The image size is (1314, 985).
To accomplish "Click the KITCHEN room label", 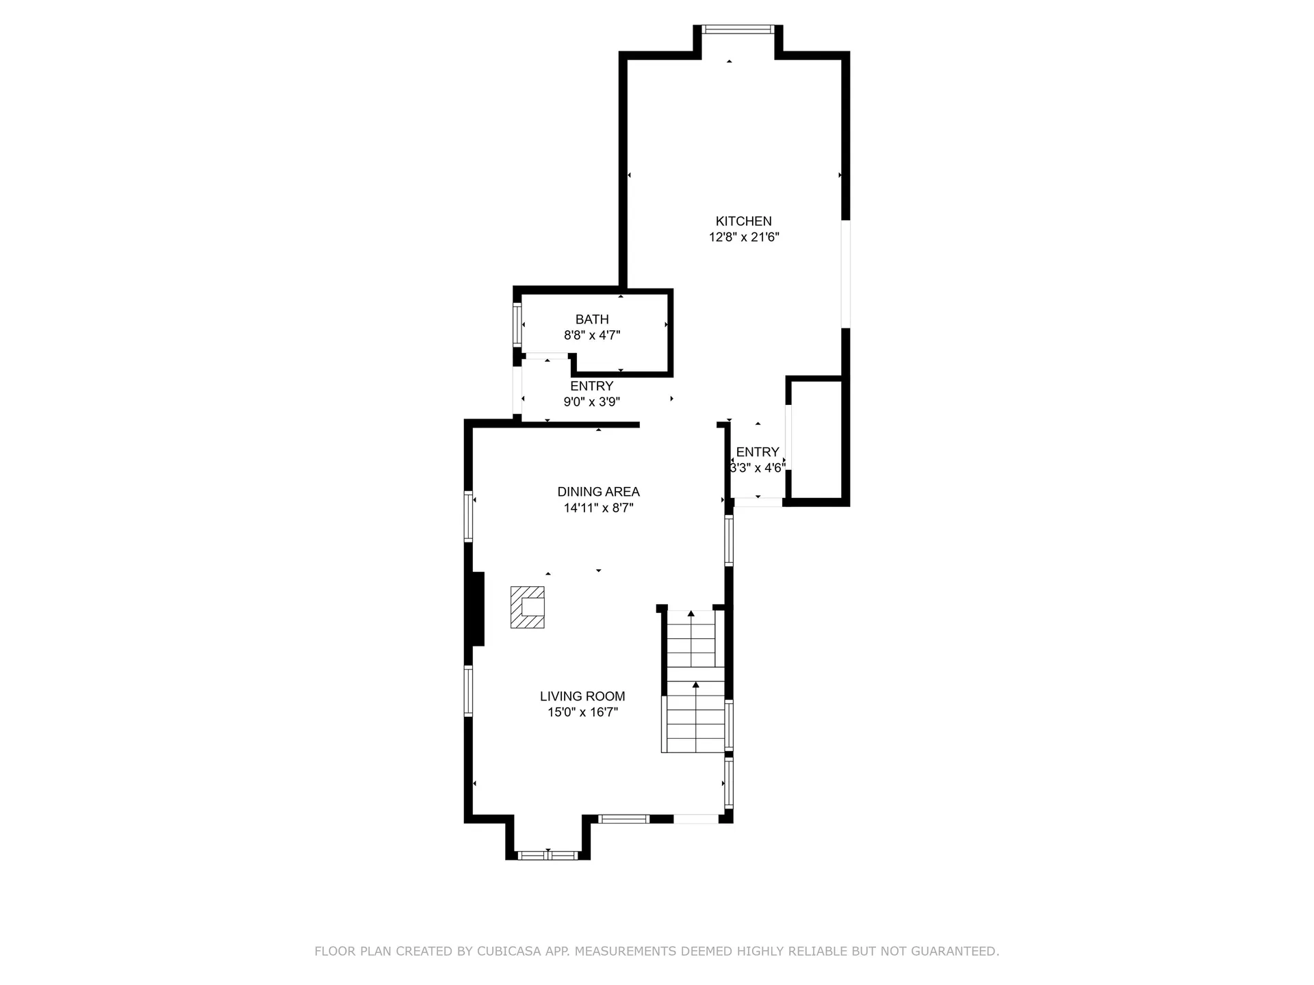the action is (x=743, y=221).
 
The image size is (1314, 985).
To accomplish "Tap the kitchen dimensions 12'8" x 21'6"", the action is (x=744, y=237).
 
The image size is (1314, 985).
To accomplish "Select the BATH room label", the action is (x=592, y=319).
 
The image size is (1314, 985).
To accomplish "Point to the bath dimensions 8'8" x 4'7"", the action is (x=592, y=335).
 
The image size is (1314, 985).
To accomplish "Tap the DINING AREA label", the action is (x=599, y=492).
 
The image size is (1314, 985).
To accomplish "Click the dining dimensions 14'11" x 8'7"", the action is (x=599, y=508).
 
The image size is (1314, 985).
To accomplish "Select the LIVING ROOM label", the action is (x=582, y=696).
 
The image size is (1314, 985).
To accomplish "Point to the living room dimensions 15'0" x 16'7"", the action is (x=582, y=712).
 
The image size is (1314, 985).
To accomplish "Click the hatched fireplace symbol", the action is (x=527, y=607).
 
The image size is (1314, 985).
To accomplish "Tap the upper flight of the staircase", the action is (x=691, y=638).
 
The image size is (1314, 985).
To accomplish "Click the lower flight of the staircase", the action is (x=696, y=710).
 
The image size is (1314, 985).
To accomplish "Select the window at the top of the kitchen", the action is (x=738, y=29).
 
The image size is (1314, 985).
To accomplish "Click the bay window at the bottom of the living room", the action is (x=548, y=855).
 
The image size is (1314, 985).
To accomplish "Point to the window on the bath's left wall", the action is (x=517, y=323).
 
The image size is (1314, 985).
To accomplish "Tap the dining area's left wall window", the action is (x=469, y=516).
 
